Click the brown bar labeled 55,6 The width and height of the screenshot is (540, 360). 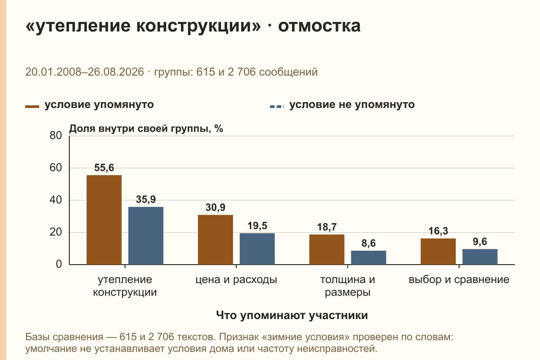pyautogui.click(x=104, y=220)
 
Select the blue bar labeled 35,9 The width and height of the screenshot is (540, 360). pyautogui.click(x=146, y=236)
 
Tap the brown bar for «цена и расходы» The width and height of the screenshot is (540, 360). pyautogui.click(x=215, y=240)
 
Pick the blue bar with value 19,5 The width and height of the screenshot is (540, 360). pyautogui.click(x=257, y=249)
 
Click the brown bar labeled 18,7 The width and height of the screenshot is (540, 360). pyautogui.click(x=327, y=249)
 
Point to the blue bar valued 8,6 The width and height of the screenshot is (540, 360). pyautogui.click(x=369, y=257)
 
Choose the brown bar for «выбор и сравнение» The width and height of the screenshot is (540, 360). pyautogui.click(x=438, y=251)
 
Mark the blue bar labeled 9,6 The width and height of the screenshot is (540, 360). pyautogui.click(x=480, y=257)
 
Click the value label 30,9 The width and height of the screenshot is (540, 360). pyautogui.click(x=215, y=207)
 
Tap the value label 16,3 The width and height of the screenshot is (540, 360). pyautogui.click(x=438, y=231)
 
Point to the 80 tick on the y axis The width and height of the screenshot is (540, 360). pyautogui.click(x=56, y=135)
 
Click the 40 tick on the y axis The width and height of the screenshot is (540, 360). pyautogui.click(x=56, y=200)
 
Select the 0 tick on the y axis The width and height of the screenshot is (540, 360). pyautogui.click(x=59, y=264)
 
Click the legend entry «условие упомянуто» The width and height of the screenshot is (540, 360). pyautogui.click(x=90, y=105)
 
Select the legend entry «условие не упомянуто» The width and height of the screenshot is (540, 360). pyautogui.click(x=342, y=105)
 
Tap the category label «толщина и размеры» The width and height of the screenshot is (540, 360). pyautogui.click(x=347, y=286)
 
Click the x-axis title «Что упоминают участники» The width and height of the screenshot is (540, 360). pyautogui.click(x=292, y=315)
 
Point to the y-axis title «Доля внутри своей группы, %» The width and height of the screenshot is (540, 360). pyautogui.click(x=146, y=129)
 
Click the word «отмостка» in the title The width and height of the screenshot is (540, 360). pyautogui.click(x=319, y=26)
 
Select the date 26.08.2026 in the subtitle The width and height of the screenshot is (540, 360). pyautogui.click(x=116, y=72)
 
